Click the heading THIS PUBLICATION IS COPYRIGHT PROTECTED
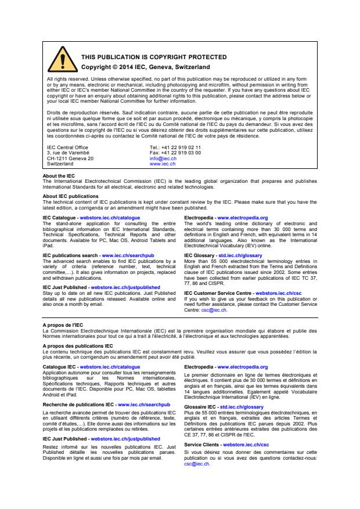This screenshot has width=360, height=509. [x=145, y=57]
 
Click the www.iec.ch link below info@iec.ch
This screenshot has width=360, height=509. [x=159, y=163]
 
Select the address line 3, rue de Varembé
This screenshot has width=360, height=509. [x=63, y=153]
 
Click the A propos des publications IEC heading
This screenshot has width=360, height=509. [x=74, y=346]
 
